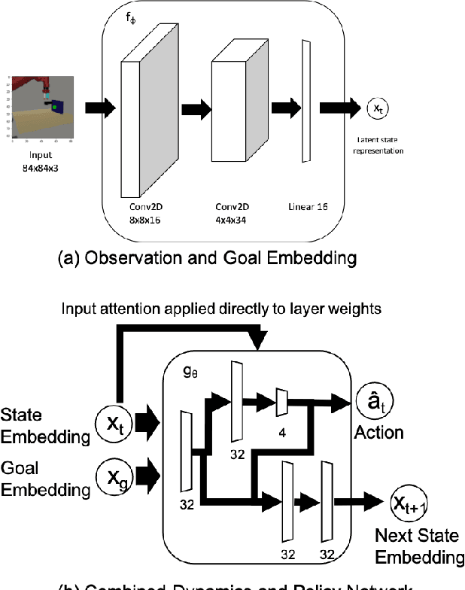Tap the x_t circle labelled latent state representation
(x=377, y=108)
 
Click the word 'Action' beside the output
(x=379, y=433)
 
